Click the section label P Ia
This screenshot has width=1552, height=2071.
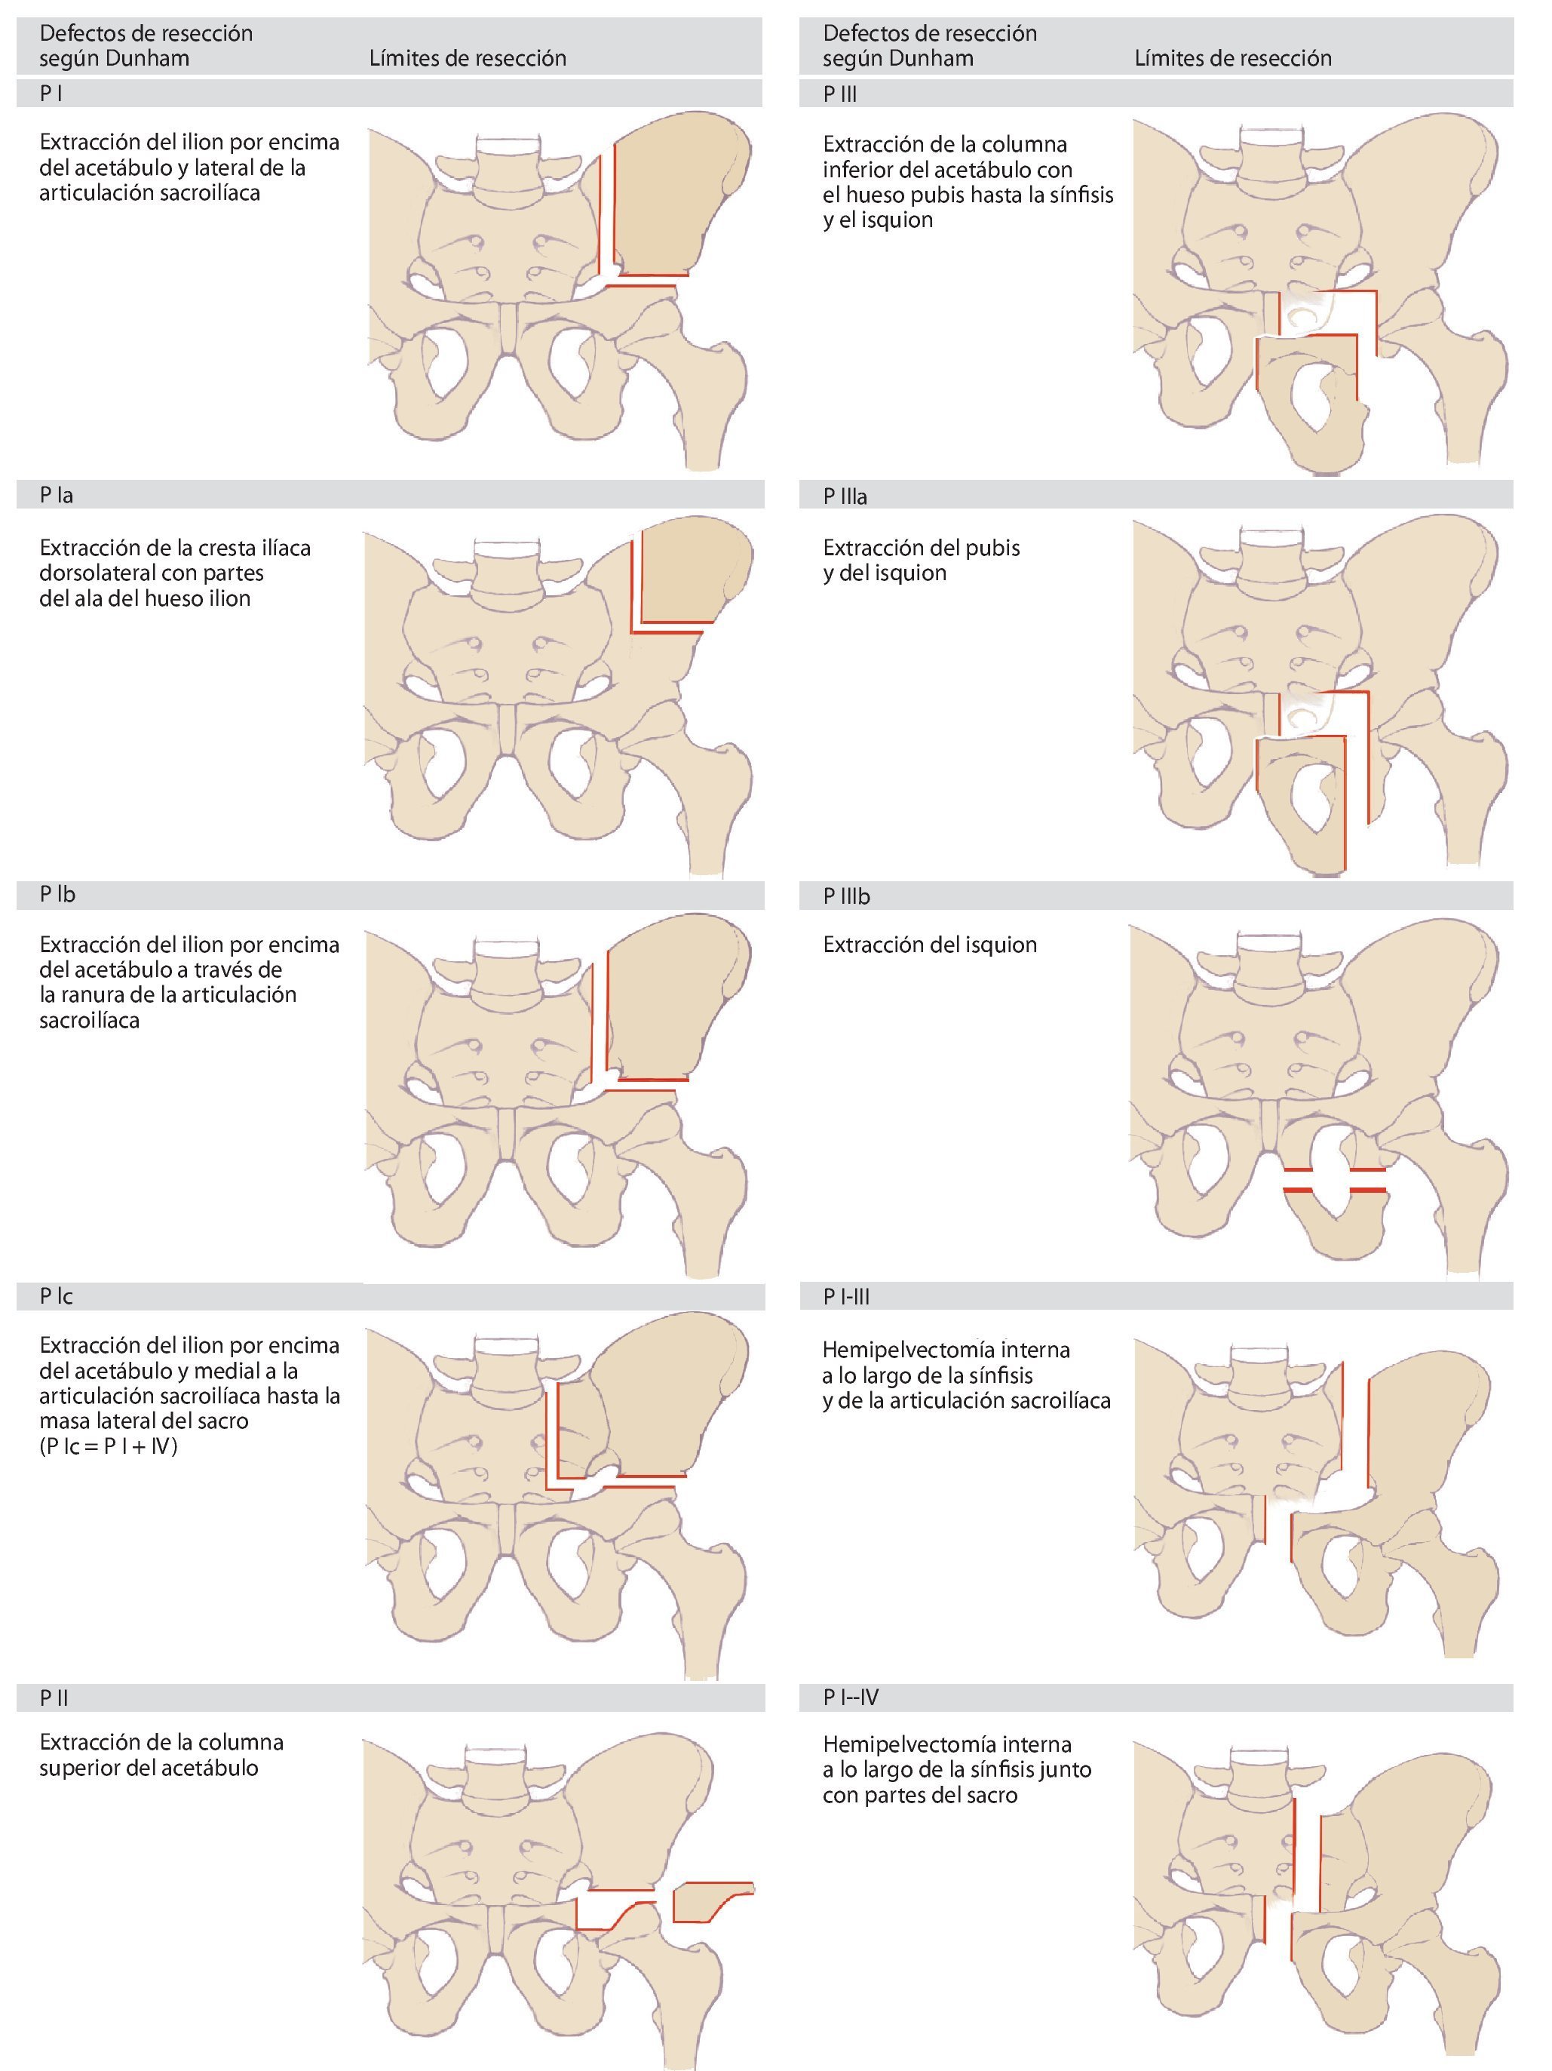point(56,495)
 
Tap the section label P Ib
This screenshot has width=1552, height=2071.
point(57,894)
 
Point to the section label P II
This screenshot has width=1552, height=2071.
point(54,1698)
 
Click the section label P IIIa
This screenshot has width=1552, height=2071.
point(845,497)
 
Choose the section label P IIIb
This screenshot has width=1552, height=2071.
point(846,896)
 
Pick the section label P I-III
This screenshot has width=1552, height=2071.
point(846,1297)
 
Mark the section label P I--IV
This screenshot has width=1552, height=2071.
point(850,1697)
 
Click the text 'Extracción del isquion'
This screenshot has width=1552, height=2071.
point(930,945)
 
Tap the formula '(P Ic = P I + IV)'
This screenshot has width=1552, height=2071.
point(109,1446)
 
